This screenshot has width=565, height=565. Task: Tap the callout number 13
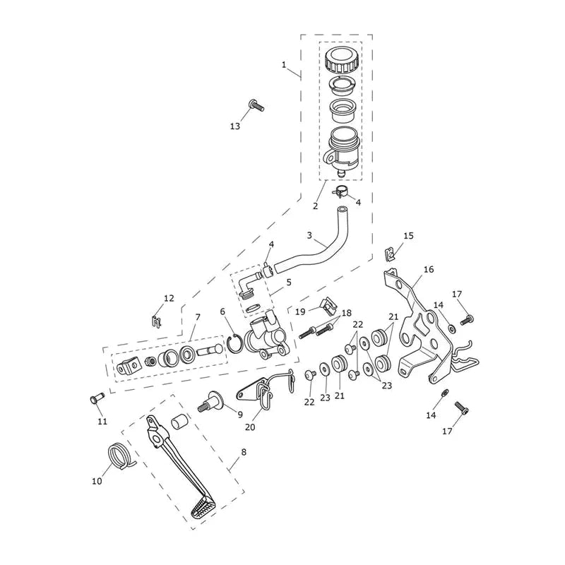[x=235, y=126]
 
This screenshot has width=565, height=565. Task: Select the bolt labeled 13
[x=256, y=105]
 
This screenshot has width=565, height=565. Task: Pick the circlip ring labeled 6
[x=237, y=344]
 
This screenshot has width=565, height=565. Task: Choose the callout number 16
[x=429, y=269]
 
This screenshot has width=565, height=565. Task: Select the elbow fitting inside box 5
[x=249, y=287]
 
